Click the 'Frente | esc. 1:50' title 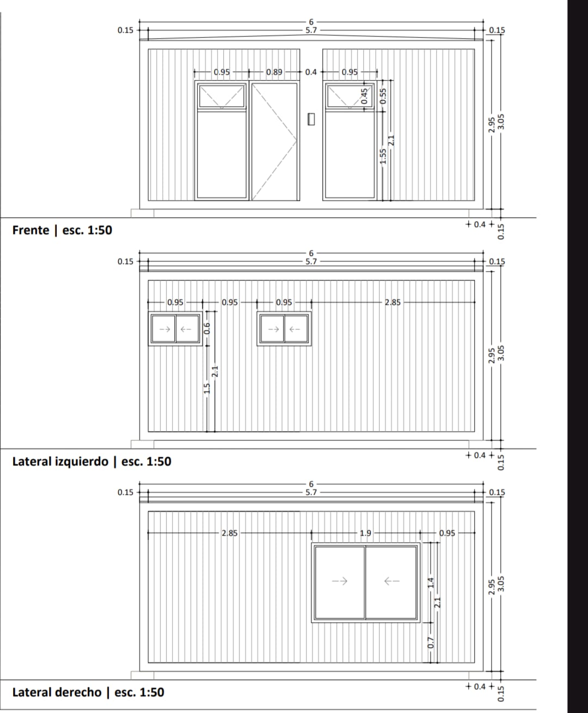click(62, 230)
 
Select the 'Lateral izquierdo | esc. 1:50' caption click(91, 462)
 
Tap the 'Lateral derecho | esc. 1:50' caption click(88, 692)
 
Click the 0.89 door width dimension click(274, 72)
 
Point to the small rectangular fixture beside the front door click(311, 119)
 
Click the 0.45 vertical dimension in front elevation click(364, 96)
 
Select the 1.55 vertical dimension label click(383, 156)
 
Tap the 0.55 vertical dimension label click(383, 96)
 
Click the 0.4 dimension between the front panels click(311, 72)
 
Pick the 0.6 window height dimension click(207, 329)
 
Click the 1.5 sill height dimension click(207, 388)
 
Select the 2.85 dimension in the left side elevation click(393, 302)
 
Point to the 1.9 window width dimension click(365, 533)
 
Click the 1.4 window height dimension click(431, 582)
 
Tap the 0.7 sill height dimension click(431, 643)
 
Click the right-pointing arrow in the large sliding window click(340, 581)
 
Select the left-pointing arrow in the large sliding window click(391, 581)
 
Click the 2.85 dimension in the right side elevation click(229, 533)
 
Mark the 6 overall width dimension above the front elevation click(311, 22)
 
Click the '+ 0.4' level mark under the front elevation click(480, 224)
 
